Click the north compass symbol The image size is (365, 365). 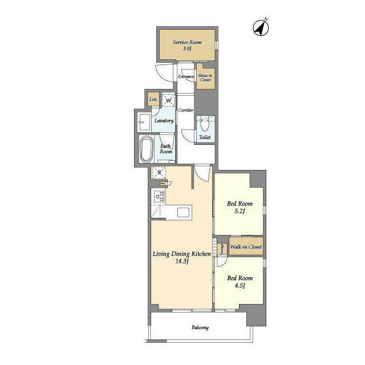point(261,27)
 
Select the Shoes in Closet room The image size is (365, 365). point(205,76)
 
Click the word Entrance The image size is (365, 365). point(186,76)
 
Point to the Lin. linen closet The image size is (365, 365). point(153,99)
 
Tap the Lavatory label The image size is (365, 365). point(164,121)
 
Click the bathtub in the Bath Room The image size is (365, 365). point(147,149)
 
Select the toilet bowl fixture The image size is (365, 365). point(205,125)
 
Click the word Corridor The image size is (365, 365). point(186,110)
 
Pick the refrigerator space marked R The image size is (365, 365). point(159,173)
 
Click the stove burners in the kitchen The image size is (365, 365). point(160,196)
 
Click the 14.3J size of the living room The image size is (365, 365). point(181,261)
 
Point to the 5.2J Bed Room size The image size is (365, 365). point(240,212)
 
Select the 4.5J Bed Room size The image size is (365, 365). point(240,286)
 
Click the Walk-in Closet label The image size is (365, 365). point(246,247)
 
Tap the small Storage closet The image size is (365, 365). point(222,249)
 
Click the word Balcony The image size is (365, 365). point(200,327)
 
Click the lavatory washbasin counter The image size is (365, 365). point(144,122)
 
